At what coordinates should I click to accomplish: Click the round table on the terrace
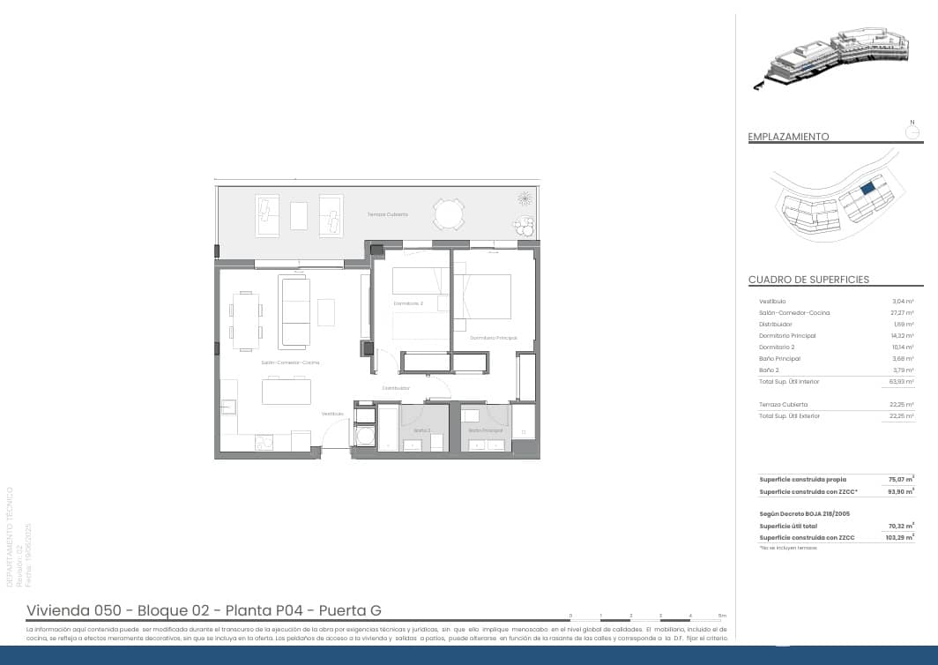(x=449, y=214)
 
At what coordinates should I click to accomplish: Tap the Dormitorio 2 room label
(x=408, y=303)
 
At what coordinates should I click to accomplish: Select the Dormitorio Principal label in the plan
(x=493, y=338)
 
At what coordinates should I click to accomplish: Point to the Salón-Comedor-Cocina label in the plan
(x=290, y=362)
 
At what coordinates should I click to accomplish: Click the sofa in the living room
(x=294, y=311)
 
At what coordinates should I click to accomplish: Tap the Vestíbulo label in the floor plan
(x=332, y=414)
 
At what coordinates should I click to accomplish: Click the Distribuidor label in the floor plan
(x=396, y=388)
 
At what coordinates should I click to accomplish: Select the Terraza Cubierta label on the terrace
(x=388, y=214)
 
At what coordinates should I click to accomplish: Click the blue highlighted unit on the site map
(x=867, y=188)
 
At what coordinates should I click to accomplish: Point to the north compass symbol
(x=913, y=131)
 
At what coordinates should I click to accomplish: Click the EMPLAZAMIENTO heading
(x=788, y=137)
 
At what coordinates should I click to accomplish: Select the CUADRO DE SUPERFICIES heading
(x=808, y=280)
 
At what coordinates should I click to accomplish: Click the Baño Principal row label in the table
(x=779, y=359)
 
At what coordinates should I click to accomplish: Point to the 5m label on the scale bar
(x=722, y=615)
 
